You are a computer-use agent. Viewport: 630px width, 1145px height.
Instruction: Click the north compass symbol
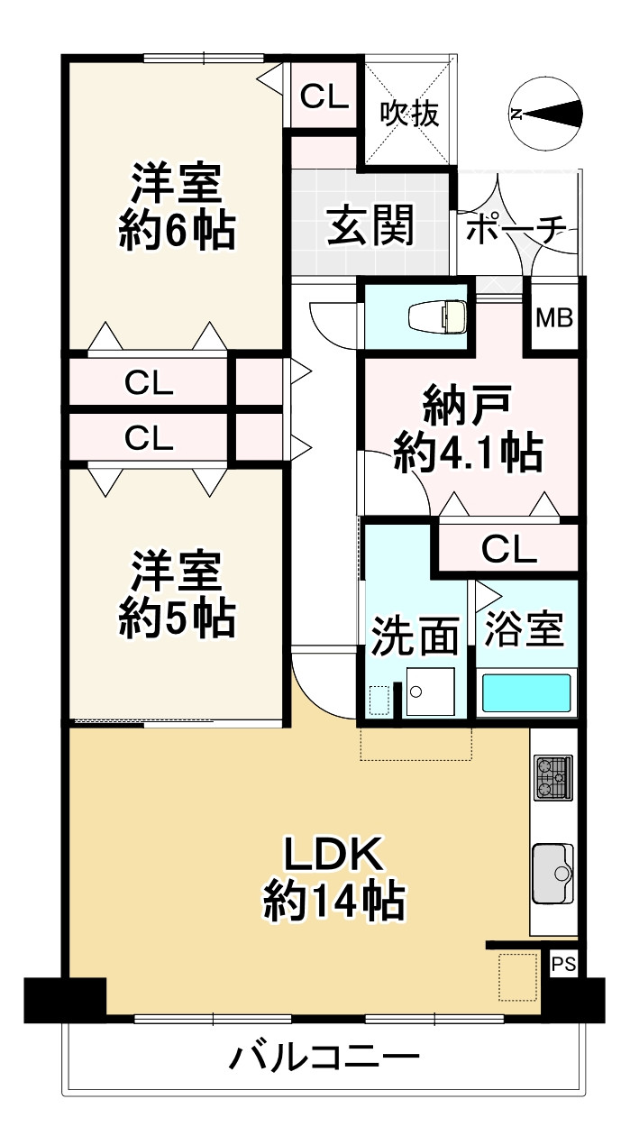point(545,114)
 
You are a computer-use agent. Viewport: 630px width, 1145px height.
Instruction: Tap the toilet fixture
point(437,317)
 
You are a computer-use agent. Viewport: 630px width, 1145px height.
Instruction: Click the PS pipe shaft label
point(563,964)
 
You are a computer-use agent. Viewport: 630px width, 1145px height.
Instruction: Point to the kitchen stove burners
point(553,778)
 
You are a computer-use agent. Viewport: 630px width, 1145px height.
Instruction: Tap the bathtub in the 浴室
point(526,693)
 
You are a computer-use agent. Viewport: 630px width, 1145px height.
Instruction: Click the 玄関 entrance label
point(370,224)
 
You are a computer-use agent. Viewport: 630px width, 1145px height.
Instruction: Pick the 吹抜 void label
point(409,114)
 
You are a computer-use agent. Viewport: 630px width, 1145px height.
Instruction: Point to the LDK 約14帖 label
point(333,877)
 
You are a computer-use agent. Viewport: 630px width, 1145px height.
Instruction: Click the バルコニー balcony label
point(324,1056)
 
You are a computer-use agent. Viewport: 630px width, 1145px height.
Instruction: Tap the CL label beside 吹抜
point(324,96)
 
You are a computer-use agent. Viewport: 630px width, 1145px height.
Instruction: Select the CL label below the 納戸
point(508,548)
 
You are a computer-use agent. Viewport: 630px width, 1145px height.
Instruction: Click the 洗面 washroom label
point(415,637)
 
